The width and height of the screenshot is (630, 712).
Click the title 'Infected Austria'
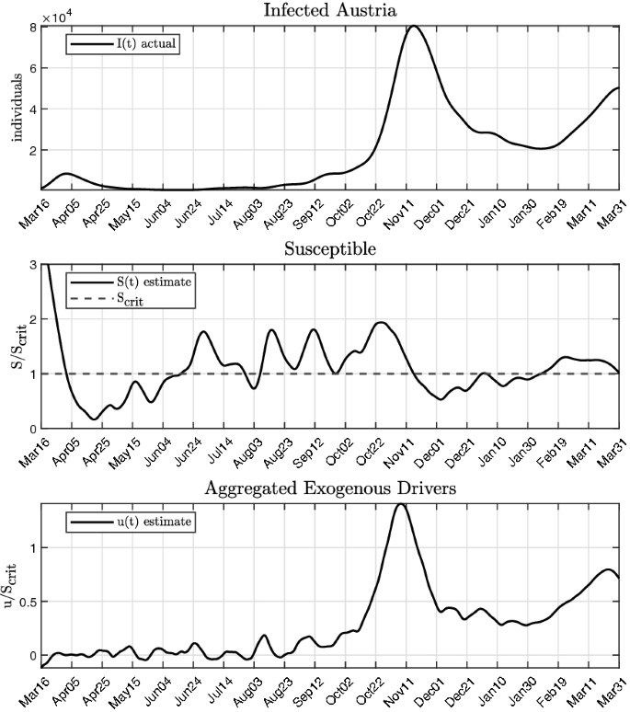click(329, 10)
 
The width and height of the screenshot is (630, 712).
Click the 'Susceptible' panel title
click(329, 249)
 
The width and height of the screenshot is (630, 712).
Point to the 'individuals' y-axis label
click(16, 108)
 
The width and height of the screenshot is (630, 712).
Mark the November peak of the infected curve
click(413, 26)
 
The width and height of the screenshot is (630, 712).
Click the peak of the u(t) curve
click(399, 504)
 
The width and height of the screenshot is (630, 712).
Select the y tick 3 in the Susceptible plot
click(32, 266)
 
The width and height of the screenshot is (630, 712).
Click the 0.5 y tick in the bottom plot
click(27, 602)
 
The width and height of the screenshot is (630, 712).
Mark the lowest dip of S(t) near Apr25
click(95, 419)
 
